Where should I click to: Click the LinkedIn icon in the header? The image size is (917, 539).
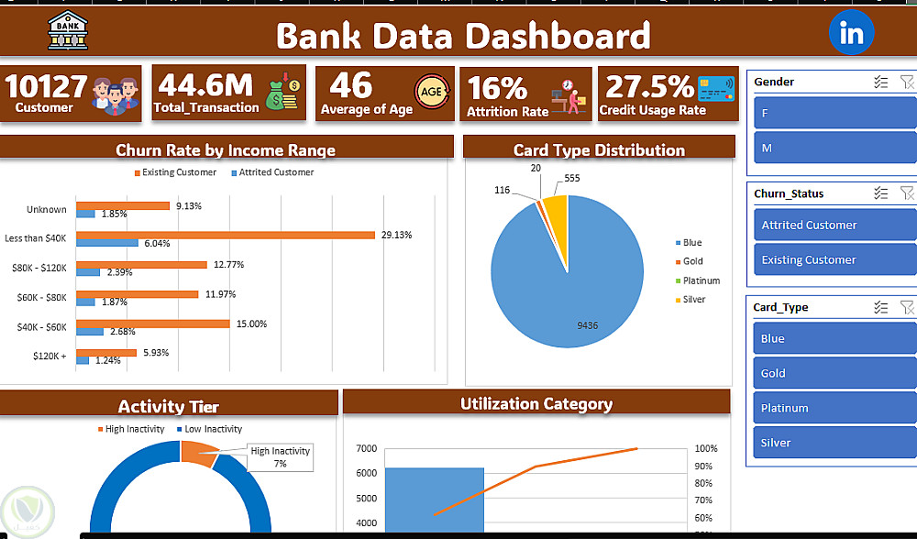point(852,34)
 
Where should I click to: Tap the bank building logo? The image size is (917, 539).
point(68,32)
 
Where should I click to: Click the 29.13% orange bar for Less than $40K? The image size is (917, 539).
point(225,235)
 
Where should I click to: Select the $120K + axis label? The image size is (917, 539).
point(50,355)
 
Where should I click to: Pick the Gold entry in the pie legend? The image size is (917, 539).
point(692,261)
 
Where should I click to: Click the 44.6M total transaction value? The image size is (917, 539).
point(204,86)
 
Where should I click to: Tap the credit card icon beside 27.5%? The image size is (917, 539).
point(717,89)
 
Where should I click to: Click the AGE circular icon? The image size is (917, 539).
point(432,91)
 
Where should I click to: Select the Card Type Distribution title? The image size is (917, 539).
point(599,149)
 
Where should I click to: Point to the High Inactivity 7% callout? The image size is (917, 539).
point(281,456)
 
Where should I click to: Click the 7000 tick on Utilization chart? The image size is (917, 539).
point(366,448)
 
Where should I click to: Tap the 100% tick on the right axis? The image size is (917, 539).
point(706,448)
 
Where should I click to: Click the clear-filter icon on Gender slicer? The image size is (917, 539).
point(907,82)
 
